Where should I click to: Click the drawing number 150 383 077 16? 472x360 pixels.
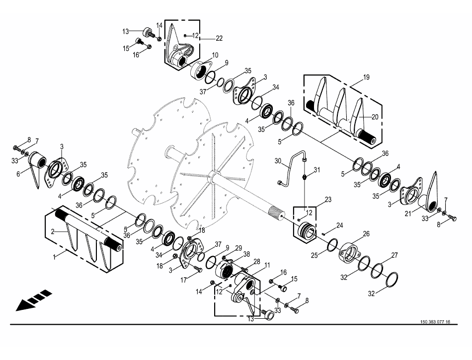click(x=435, y=322)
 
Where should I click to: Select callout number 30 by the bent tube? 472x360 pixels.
click(x=278, y=161)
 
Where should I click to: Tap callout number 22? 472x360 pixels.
click(x=219, y=39)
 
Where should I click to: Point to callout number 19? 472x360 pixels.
click(x=366, y=77)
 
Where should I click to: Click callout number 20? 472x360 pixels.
click(x=375, y=117)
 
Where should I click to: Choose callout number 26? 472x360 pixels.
click(x=366, y=234)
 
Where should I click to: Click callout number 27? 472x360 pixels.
click(x=394, y=255)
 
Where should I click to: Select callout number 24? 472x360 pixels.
click(x=339, y=225)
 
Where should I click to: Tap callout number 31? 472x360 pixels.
click(x=316, y=170)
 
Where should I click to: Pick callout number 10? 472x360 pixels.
click(x=215, y=55)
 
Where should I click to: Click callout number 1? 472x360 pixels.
click(x=55, y=257)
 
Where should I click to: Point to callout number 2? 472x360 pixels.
click(x=53, y=231)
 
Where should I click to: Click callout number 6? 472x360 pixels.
click(x=18, y=174)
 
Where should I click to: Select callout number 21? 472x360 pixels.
click(x=408, y=214)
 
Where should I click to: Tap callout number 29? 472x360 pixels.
click(x=238, y=248)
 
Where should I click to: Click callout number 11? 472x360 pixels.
click(x=267, y=265)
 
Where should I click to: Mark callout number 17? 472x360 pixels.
click(x=184, y=280)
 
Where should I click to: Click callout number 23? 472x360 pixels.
click(x=328, y=200)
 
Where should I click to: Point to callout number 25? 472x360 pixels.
click(x=315, y=255)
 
